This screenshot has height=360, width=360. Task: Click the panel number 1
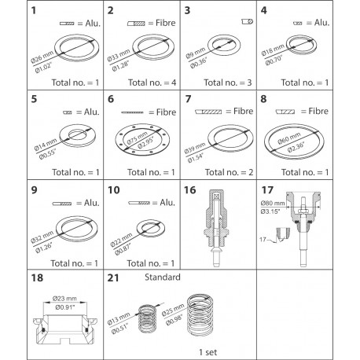[12, 13]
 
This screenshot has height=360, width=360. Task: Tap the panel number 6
[111, 101]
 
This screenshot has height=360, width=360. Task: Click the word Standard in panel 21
[162, 278]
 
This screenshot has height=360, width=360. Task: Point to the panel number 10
[113, 190]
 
